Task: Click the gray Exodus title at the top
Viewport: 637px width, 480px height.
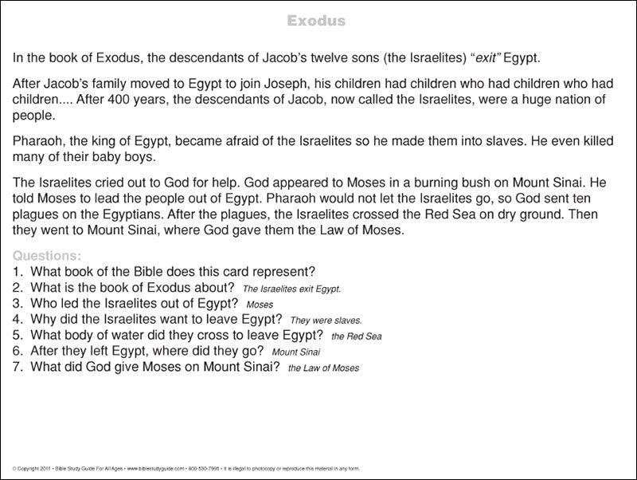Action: click(x=316, y=21)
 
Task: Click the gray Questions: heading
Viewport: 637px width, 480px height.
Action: click(x=47, y=256)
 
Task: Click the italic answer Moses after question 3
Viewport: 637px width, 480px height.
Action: click(x=260, y=305)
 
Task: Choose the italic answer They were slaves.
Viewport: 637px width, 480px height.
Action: click(x=326, y=320)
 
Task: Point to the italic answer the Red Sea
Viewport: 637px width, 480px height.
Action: click(x=356, y=336)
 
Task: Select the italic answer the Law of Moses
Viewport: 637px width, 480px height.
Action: click(x=323, y=368)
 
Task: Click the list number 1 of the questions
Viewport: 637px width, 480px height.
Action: click(x=18, y=271)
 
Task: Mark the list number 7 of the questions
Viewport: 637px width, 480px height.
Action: click(x=18, y=367)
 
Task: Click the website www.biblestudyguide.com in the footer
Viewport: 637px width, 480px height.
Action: click(x=155, y=468)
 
